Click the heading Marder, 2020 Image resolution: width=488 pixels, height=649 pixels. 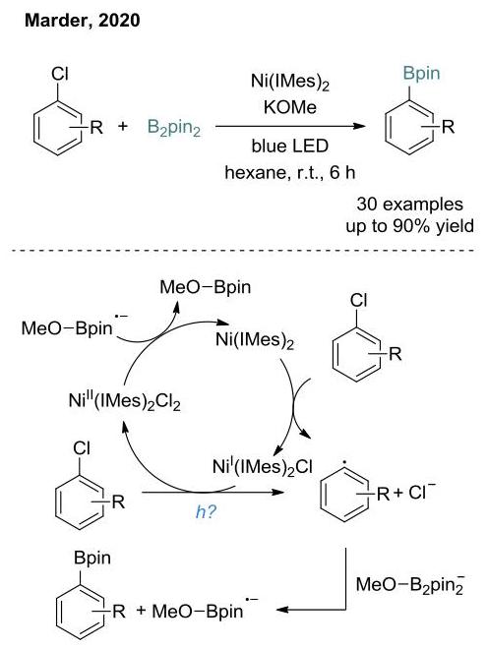coord(82,21)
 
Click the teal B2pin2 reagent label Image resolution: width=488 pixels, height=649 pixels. coord(174,128)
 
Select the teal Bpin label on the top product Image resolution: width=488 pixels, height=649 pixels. coord(421,74)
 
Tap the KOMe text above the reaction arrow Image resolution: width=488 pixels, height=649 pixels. coord(290,107)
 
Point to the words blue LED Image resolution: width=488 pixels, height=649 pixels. coord(290,146)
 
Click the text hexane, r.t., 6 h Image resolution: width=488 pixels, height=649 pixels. coord(290,172)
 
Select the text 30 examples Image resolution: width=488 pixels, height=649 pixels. coord(409,205)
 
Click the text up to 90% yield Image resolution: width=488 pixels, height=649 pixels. coord(409,226)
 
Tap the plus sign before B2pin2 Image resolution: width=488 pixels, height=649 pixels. coord(123,126)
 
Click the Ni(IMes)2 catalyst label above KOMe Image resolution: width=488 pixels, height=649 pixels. coord(290,81)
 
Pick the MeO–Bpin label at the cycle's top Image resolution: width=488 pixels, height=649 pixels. coord(206,287)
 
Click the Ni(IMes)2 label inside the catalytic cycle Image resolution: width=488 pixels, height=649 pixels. coord(255,341)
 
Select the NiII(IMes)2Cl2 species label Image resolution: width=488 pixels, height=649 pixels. coord(125,400)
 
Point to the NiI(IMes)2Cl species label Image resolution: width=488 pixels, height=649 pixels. coord(263,466)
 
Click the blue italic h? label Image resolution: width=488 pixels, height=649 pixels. coord(206,512)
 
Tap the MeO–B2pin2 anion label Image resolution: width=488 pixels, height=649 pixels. coord(410,584)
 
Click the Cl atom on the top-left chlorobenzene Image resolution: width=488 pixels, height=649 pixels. coord(60,74)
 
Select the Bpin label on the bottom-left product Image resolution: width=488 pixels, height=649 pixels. coord(92,558)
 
